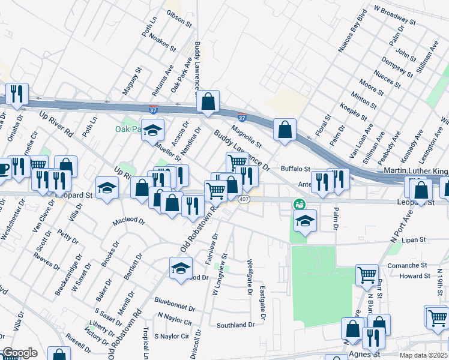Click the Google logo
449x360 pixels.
coord(20,353)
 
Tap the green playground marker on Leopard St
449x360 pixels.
coord(298,205)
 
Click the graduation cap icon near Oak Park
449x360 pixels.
coord(153,130)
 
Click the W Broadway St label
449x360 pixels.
coord(394,14)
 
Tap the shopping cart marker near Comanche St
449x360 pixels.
coord(367,275)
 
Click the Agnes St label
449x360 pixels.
coord(364,354)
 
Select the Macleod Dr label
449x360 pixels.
coord(129,221)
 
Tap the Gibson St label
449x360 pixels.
coord(179,20)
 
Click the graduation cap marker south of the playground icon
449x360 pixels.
coord(305,221)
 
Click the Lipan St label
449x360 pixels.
coord(414,239)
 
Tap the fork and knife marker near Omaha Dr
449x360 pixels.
coord(16,94)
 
